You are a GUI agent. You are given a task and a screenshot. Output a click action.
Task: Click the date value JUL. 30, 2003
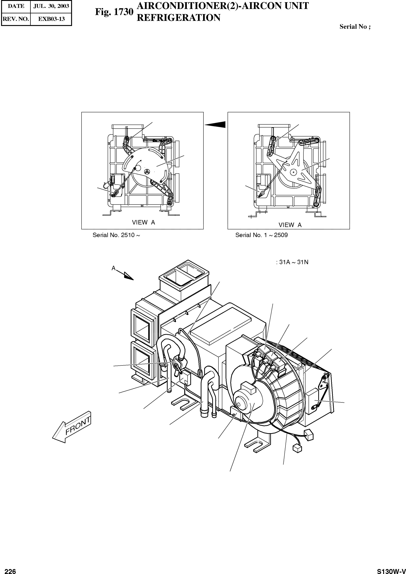pos(51,6)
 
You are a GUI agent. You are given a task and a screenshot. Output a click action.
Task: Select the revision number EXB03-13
pos(51,19)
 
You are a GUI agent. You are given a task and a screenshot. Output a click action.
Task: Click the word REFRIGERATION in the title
pos(178,18)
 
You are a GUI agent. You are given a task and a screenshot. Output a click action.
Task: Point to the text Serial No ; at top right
pos(355,27)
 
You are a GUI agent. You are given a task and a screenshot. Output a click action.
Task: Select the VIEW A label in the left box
pos(143,222)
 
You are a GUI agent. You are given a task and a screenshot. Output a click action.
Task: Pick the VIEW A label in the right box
pos(290,225)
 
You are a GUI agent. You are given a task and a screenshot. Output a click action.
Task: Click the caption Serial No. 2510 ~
pos(116,235)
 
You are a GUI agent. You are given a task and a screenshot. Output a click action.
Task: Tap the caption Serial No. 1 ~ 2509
pos(262,235)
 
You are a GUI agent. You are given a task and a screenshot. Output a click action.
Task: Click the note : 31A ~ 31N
pos(292,262)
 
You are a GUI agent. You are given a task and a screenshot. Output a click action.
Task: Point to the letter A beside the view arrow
pos(114,268)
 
